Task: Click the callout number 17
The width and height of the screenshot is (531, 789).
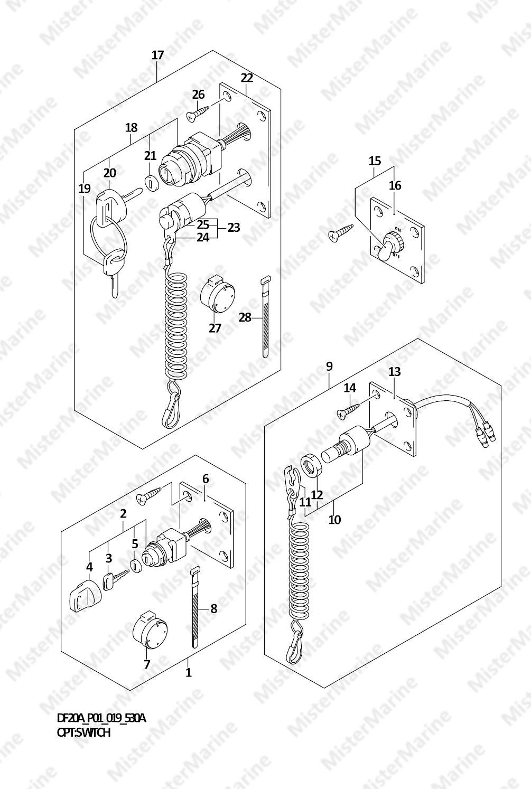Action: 158,55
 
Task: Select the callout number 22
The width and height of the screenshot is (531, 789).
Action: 247,78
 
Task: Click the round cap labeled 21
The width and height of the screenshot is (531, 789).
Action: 151,183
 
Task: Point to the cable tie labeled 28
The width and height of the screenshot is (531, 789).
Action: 266,317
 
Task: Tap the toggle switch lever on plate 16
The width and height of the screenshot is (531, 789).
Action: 384,249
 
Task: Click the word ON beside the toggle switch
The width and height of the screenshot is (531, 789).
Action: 397,230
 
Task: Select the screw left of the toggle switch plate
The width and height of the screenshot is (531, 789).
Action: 340,233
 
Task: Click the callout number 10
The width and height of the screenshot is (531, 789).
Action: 334,519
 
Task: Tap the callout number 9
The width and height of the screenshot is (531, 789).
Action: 329,367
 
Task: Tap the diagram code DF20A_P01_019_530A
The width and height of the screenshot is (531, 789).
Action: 101,718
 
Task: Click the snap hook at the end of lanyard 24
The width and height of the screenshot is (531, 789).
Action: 171,409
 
